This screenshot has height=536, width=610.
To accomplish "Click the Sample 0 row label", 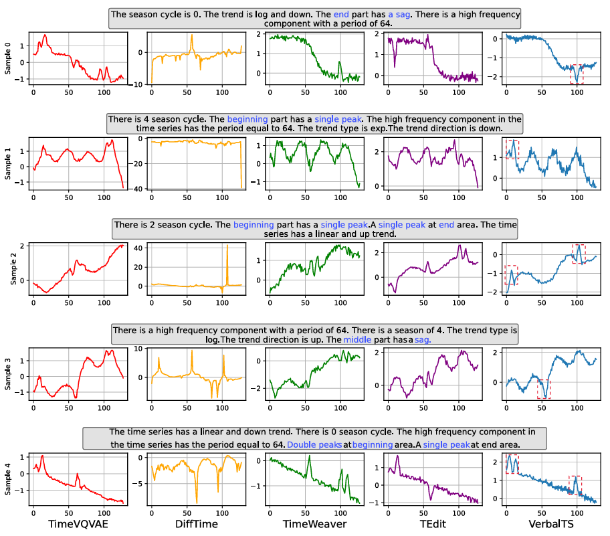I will [x=8, y=58].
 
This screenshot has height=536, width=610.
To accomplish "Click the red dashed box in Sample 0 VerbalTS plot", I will [x=577, y=74].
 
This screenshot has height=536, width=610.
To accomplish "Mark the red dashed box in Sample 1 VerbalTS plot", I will [x=512, y=149].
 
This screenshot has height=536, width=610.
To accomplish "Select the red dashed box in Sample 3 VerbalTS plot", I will [x=544, y=389].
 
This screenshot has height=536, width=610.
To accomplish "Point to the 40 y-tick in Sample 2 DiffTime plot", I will [x=140, y=248].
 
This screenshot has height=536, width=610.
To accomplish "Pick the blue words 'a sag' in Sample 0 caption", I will [x=400, y=14].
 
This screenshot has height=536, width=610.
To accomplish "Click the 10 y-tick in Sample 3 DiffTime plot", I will [x=140, y=349].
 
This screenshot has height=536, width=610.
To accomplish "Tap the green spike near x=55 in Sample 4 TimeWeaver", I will [x=308, y=460].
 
